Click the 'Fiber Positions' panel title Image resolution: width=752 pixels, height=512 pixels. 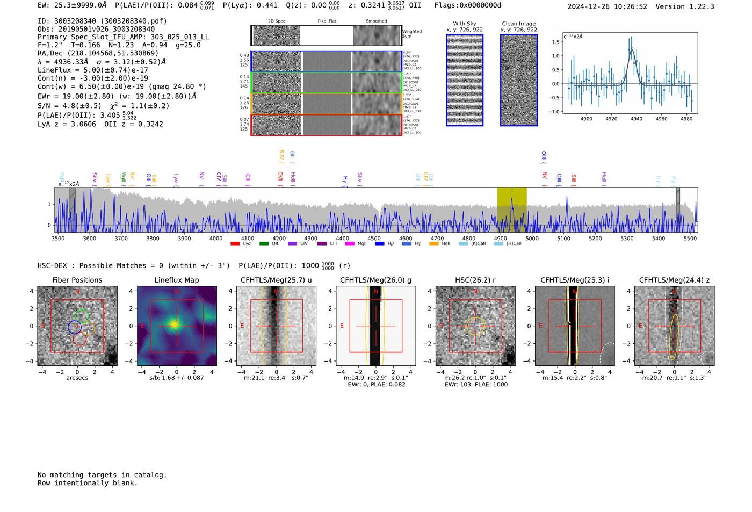[77, 280]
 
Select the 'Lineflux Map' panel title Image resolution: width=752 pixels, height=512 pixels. [176, 280]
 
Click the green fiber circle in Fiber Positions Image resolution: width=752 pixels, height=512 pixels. [82, 316]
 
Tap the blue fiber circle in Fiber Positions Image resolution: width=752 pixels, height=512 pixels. [74, 326]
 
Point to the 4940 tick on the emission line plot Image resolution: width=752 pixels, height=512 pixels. [636, 118]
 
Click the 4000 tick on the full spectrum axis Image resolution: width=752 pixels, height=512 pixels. [216, 238]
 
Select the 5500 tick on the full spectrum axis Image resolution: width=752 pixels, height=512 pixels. [690, 238]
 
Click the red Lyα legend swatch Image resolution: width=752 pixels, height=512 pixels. [235, 244]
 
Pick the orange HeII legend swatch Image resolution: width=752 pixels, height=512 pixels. [433, 244]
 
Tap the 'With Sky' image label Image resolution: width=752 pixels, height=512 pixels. [464, 24]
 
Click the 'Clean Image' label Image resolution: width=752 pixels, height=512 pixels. [518, 24]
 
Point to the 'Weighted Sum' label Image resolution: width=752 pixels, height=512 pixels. [412, 34]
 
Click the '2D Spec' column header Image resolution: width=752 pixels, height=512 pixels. [277, 21]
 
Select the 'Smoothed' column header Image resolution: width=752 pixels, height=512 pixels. [376, 21]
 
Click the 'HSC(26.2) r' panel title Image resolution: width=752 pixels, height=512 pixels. [475, 280]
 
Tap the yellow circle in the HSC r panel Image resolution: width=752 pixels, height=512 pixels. [475, 326]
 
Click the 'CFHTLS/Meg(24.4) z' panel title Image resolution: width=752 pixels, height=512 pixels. [674, 280]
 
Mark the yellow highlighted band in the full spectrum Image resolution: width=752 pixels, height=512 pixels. [511, 210]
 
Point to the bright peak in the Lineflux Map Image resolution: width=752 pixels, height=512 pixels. [175, 324]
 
